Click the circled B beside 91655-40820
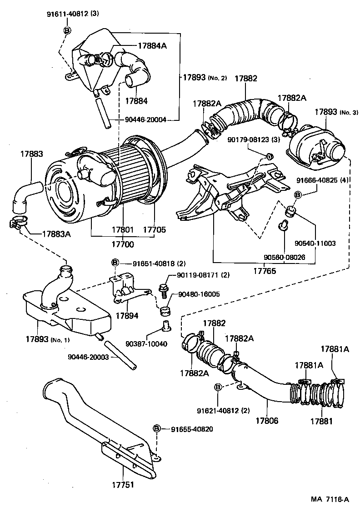[157, 428]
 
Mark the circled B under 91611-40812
[66, 30]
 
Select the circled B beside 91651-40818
[115, 263]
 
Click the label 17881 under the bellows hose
[321, 421]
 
